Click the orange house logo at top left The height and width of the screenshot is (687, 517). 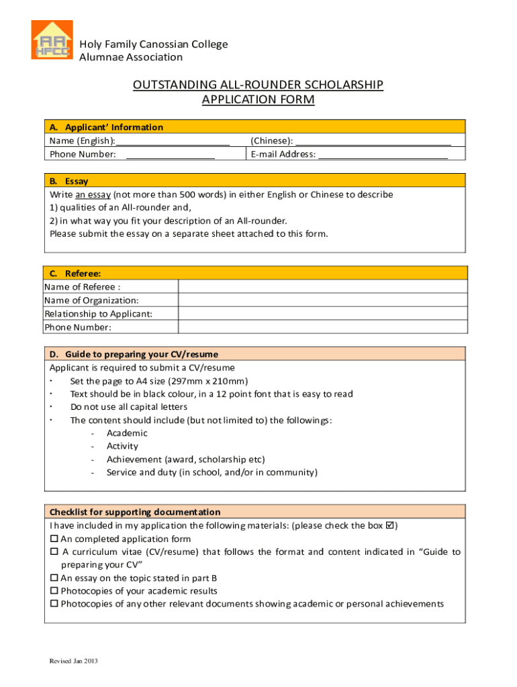click(52, 40)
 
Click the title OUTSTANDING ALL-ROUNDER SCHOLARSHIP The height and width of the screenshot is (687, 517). click(258, 85)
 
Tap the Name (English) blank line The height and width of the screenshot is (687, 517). click(173, 141)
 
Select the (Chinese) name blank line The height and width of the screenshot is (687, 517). click(373, 141)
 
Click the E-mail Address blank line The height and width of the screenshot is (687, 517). click(383, 154)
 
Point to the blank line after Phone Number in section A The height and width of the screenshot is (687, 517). click(170, 154)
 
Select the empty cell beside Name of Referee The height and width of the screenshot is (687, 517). click(322, 287)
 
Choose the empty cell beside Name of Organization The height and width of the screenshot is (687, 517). click(322, 301)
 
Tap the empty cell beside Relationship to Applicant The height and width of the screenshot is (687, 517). click(322, 314)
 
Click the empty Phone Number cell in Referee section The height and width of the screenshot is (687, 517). click(322, 327)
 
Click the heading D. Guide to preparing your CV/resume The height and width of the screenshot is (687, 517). click(141, 354)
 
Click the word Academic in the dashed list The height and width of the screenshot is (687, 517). click(127, 433)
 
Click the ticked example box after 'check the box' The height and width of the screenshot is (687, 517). click(389, 526)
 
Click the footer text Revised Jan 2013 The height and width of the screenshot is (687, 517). click(74, 662)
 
